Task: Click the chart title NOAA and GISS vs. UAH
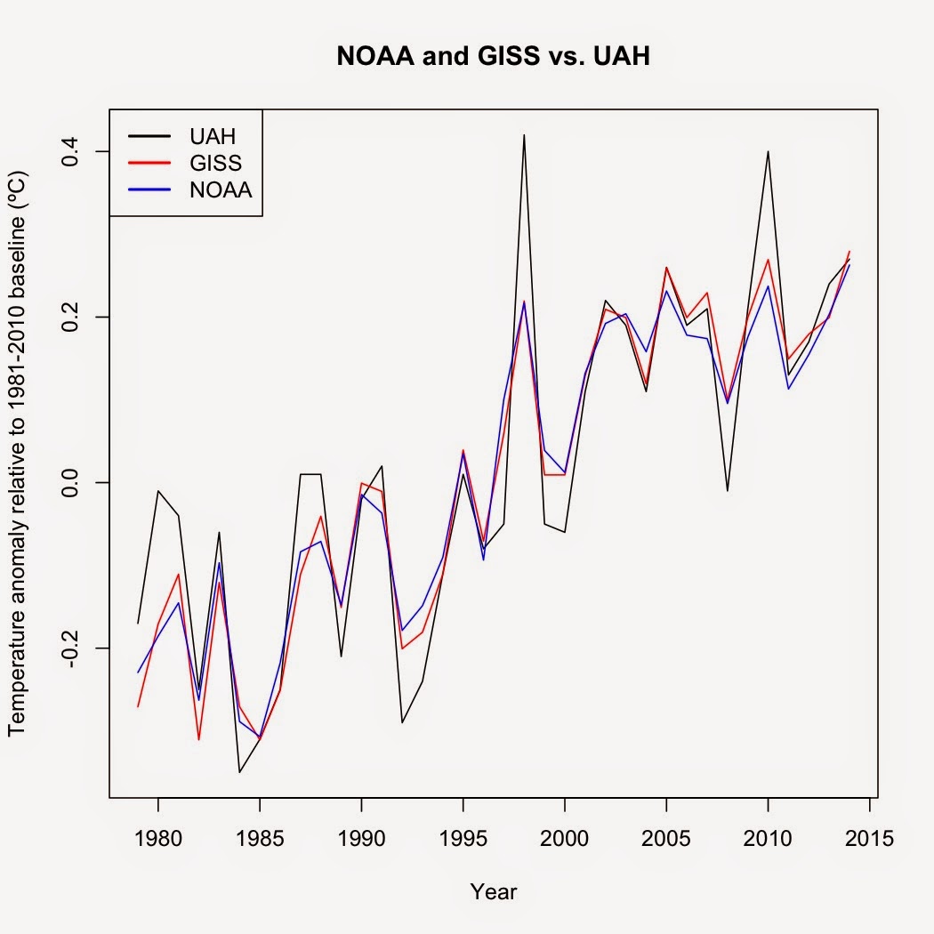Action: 494,57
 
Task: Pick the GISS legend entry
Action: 214,163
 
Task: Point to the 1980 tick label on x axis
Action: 157,837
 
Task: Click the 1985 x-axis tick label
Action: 260,837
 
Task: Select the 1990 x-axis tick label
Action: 361,837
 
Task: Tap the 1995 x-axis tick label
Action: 463,837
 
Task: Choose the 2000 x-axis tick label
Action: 565,837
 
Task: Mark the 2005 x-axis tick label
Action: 666,837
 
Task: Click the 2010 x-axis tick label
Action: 768,837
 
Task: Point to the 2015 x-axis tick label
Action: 869,837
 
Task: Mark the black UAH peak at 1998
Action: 524,135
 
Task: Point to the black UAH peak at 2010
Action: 768,152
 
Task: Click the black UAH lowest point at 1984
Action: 239,771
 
